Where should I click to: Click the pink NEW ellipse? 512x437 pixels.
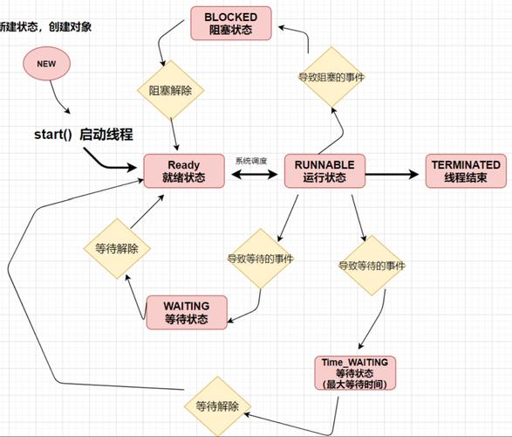point(46,64)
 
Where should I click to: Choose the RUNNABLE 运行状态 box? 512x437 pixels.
point(324,170)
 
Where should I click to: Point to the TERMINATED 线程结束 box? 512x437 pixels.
point(466,170)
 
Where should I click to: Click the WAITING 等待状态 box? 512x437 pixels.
point(187,312)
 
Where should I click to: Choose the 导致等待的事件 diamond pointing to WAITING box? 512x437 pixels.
point(260,259)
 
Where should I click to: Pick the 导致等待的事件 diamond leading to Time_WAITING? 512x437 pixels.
point(372,265)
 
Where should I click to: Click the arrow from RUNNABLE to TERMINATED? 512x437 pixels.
point(393,173)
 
